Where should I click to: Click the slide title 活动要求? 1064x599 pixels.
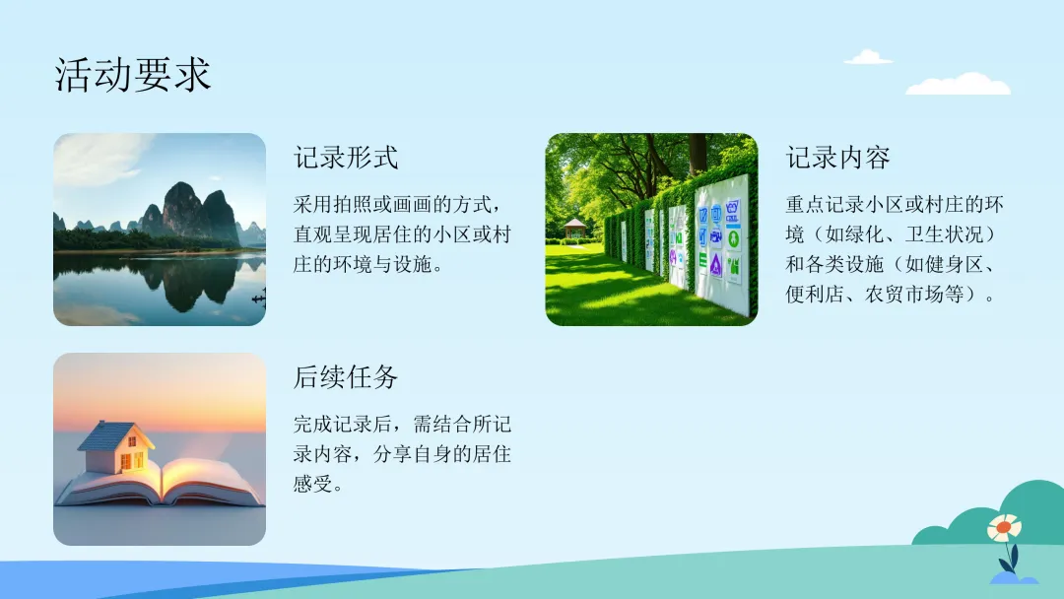(132, 75)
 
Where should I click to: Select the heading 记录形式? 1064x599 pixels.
(346, 158)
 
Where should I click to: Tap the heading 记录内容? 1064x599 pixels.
(837, 158)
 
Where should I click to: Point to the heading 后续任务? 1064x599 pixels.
(346, 377)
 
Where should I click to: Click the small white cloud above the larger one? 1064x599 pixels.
(867, 57)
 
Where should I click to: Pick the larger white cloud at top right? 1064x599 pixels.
(959, 84)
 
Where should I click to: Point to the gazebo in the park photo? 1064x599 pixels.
(574, 228)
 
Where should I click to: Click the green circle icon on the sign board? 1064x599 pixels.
(733, 238)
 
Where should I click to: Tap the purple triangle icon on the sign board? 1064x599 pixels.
(715, 264)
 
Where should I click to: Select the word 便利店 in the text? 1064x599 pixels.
(815, 294)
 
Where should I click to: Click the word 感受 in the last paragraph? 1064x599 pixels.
(313, 484)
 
